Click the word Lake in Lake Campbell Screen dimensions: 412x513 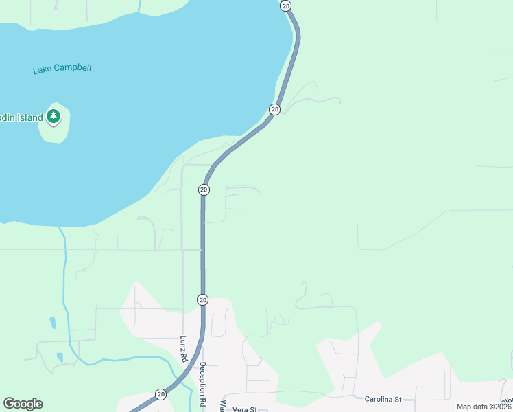pos(42,70)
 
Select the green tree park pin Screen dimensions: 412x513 pos(53,117)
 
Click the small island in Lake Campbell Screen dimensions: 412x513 pos(55,130)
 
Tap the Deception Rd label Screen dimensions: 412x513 pos(203,385)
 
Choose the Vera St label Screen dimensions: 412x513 pos(244,409)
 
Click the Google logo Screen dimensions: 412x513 pos(23,404)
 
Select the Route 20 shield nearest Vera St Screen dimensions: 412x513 pos(160,394)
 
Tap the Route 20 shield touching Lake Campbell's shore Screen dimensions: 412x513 pos(274,109)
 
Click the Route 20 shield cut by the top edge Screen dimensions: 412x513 pos(286,5)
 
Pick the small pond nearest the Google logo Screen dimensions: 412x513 pos(60,357)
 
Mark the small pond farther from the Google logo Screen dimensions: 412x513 pos(53,322)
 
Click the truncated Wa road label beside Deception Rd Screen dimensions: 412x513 pos(222,406)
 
